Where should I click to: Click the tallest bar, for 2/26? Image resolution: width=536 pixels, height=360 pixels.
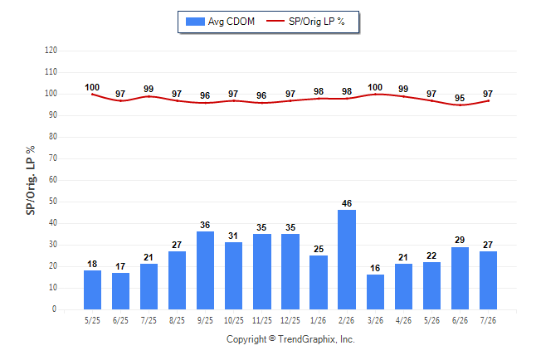tap(347, 260)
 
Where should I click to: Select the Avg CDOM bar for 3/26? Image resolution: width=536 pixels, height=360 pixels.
tap(375, 292)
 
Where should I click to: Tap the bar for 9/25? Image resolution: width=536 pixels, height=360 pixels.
tap(205, 270)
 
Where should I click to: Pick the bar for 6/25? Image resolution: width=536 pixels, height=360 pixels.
tap(120, 291)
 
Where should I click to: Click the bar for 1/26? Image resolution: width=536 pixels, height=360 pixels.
tap(319, 282)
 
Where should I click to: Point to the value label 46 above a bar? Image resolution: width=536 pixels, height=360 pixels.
tap(347, 203)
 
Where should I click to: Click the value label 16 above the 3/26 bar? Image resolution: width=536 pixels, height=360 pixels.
tap(375, 268)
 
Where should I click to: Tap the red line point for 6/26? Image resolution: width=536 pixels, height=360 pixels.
tap(460, 105)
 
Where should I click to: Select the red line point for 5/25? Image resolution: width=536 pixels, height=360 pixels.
tap(92, 95)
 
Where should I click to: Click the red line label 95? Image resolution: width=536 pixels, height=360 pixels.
tap(460, 98)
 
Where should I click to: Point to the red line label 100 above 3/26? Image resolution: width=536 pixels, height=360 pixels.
tap(375, 88)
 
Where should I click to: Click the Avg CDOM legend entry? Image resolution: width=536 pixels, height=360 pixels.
tap(220, 22)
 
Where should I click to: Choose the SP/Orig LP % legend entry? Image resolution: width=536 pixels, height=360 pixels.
tap(305, 22)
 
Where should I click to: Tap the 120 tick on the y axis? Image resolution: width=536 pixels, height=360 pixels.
tap(51, 51)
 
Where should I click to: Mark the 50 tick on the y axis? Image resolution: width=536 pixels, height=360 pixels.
tap(53, 202)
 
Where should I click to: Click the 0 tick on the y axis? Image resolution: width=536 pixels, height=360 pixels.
tap(55, 309)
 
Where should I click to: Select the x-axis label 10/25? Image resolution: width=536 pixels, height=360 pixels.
tap(234, 320)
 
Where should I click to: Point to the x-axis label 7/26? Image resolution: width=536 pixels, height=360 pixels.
tap(488, 320)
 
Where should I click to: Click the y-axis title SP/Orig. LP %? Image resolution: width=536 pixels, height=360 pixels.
tap(31, 181)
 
